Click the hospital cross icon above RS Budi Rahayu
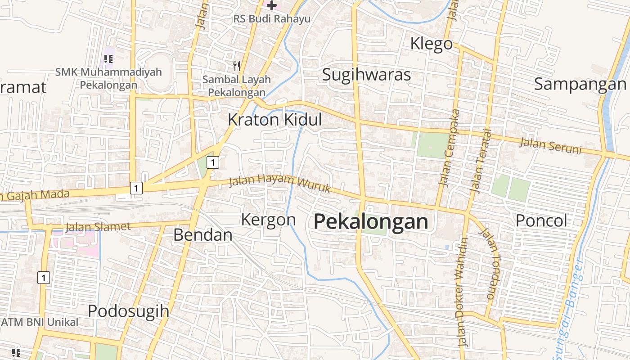click(272, 5)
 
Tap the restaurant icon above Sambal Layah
click(237, 66)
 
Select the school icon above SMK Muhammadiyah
click(108, 58)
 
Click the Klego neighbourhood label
click(431, 44)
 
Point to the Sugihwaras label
click(366, 75)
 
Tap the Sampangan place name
click(580, 84)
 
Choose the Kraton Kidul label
click(274, 120)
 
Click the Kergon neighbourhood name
click(268, 220)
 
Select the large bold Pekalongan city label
click(370, 222)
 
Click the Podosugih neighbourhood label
click(128, 311)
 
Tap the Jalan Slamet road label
click(98, 227)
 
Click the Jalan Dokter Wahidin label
click(462, 292)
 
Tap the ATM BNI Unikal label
click(40, 322)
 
